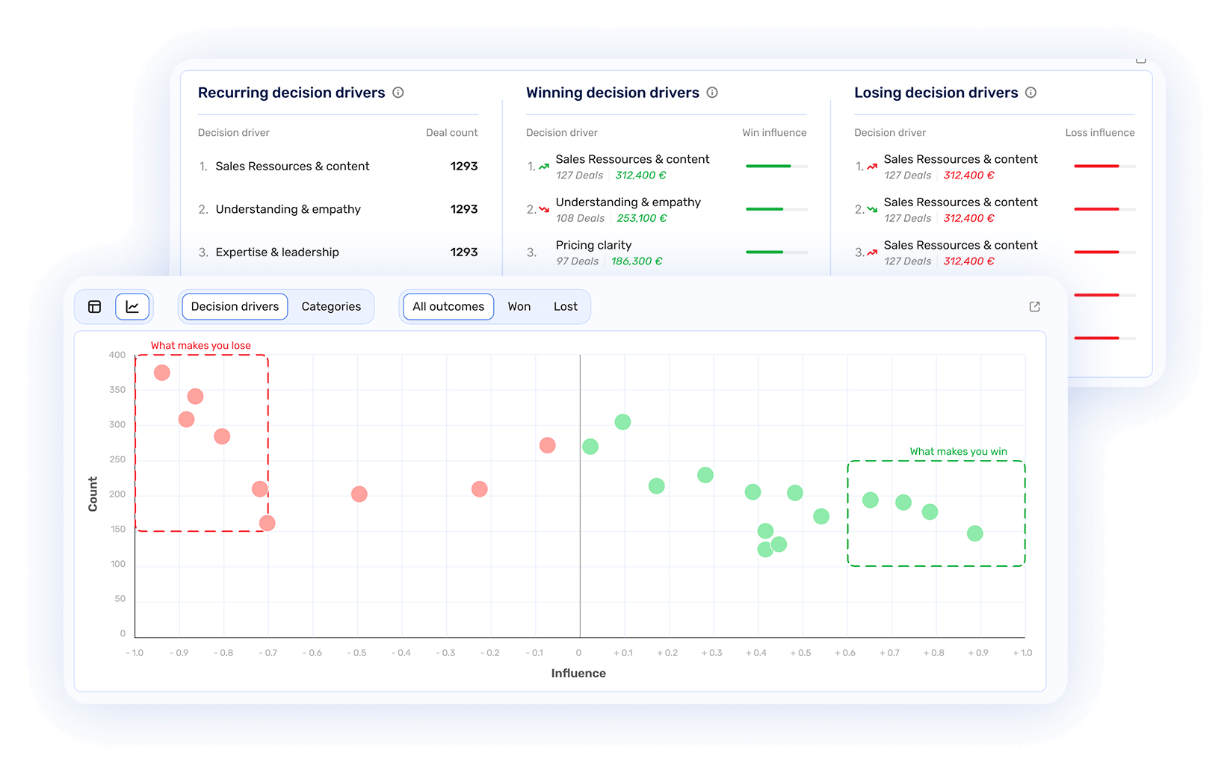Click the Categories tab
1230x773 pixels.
[x=331, y=307]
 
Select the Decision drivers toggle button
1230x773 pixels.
[x=235, y=307]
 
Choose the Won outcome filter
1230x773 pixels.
[x=519, y=307]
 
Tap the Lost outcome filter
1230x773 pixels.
[x=565, y=307]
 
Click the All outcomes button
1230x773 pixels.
[x=448, y=307]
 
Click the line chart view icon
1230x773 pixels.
[x=132, y=307]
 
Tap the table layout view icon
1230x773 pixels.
[x=95, y=307]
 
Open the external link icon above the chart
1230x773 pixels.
[x=1034, y=307]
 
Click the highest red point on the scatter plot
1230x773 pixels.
[x=162, y=373]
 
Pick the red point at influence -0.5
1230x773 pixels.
[x=359, y=494]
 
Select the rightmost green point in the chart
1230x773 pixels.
[x=974, y=533]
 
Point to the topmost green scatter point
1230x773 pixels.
[x=622, y=422]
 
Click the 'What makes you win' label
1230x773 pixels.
[x=958, y=452]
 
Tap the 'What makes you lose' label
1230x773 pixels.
[x=201, y=346]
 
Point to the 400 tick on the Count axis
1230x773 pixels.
[x=117, y=355]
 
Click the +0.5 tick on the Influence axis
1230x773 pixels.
[x=800, y=653]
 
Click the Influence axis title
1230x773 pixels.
[x=578, y=674]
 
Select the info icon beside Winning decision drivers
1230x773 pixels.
[x=712, y=93]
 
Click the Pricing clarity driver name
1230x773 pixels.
[x=593, y=245]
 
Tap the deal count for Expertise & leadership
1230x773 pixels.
[x=463, y=252]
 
